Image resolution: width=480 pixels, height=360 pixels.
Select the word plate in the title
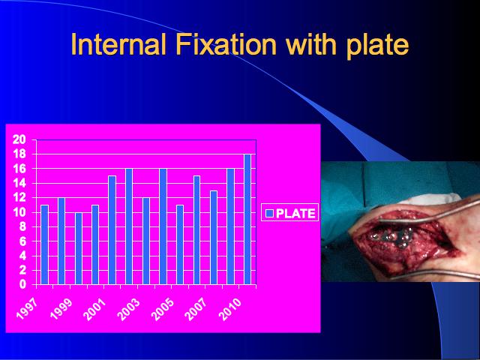coord(378,46)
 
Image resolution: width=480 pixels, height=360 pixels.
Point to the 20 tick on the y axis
coord(19,139)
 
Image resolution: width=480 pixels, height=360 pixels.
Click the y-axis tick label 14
coord(19,183)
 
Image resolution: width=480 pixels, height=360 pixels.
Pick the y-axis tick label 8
coord(23,226)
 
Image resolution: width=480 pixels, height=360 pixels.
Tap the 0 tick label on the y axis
coord(23,285)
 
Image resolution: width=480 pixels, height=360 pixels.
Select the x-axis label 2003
coord(128,309)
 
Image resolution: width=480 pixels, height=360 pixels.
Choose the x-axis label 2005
coord(163,309)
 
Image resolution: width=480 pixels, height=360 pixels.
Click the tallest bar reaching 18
coord(247,219)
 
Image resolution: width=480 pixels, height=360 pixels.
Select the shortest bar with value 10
coord(78,248)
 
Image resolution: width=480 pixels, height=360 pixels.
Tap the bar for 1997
coord(45,244)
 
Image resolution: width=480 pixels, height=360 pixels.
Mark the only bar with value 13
coord(213,238)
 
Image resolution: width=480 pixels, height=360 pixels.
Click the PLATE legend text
coord(295,213)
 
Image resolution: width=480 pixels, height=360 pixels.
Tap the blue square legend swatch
coord(269,213)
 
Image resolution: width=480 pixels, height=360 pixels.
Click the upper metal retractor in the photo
coord(428,213)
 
